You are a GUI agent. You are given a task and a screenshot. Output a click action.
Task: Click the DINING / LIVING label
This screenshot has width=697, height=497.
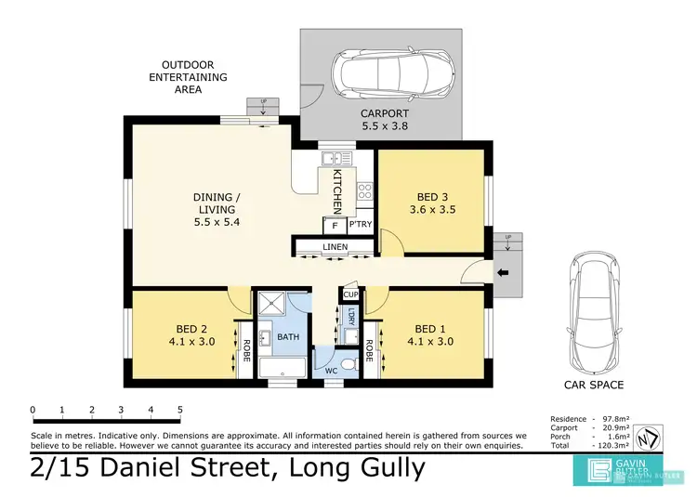coord(217,209)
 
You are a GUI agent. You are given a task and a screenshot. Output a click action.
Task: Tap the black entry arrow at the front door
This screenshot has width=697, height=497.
coord(504,272)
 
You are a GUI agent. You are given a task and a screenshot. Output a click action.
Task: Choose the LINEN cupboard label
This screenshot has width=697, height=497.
coord(335,247)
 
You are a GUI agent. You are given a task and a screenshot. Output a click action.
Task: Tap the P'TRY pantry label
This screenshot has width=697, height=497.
coord(360,225)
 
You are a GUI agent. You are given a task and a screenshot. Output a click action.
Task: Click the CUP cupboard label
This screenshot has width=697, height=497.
coord(350,294)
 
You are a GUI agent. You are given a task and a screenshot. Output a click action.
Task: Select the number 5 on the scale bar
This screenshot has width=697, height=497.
coord(179,409)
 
